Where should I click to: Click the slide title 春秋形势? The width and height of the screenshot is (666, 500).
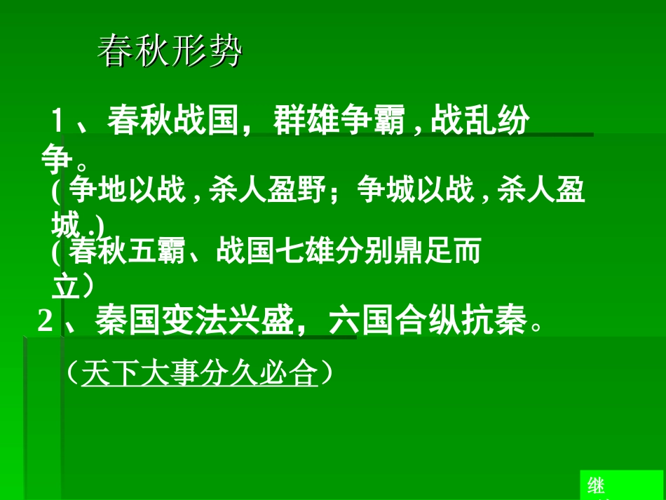tap(170, 52)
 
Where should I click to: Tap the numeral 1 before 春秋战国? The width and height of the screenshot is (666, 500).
tap(58, 121)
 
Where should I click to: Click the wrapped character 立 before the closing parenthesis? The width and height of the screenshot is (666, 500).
tap(65, 287)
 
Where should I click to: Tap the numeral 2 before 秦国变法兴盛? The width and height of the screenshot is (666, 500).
tap(46, 323)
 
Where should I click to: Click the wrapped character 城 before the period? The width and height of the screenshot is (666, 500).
tap(65, 225)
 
